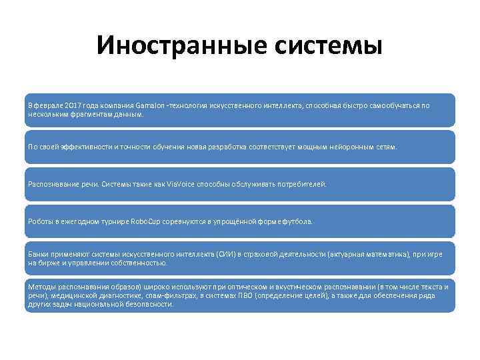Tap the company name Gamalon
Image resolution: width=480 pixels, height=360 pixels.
(x=151, y=105)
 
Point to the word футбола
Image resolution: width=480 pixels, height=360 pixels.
(x=296, y=221)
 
